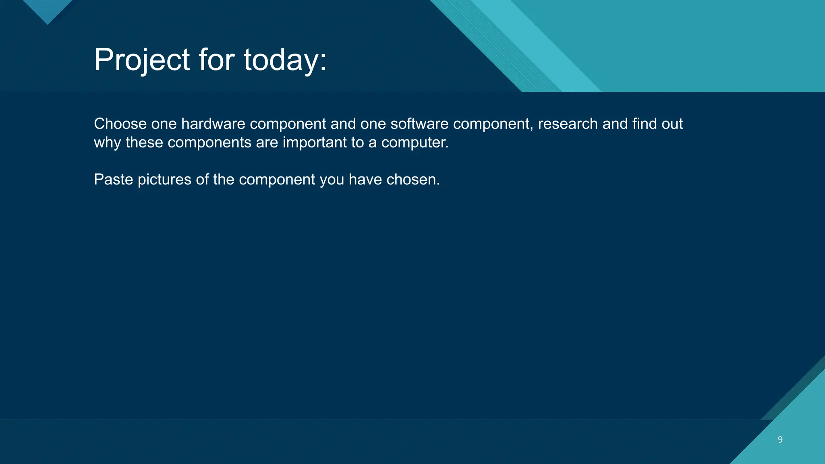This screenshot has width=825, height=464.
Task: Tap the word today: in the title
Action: [x=285, y=60]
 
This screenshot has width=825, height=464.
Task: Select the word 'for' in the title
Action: [x=216, y=60]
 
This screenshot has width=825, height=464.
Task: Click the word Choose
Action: [x=120, y=124]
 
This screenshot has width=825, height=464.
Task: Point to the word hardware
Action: [x=213, y=124]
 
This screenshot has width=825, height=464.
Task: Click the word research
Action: [x=568, y=124]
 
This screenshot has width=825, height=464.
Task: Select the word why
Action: [x=107, y=143]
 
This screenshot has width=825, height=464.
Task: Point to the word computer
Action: [x=415, y=143]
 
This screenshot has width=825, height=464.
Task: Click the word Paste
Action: [x=113, y=180]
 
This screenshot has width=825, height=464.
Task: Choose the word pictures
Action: [x=164, y=180]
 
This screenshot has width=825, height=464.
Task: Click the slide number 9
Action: [x=780, y=439]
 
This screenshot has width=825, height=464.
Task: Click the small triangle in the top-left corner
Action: [x=48, y=10]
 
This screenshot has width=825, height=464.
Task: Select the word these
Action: [x=144, y=143]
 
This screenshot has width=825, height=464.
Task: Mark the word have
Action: [x=365, y=180]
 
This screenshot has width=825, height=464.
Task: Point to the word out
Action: [x=672, y=124]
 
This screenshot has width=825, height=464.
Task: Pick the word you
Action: [x=332, y=180]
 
